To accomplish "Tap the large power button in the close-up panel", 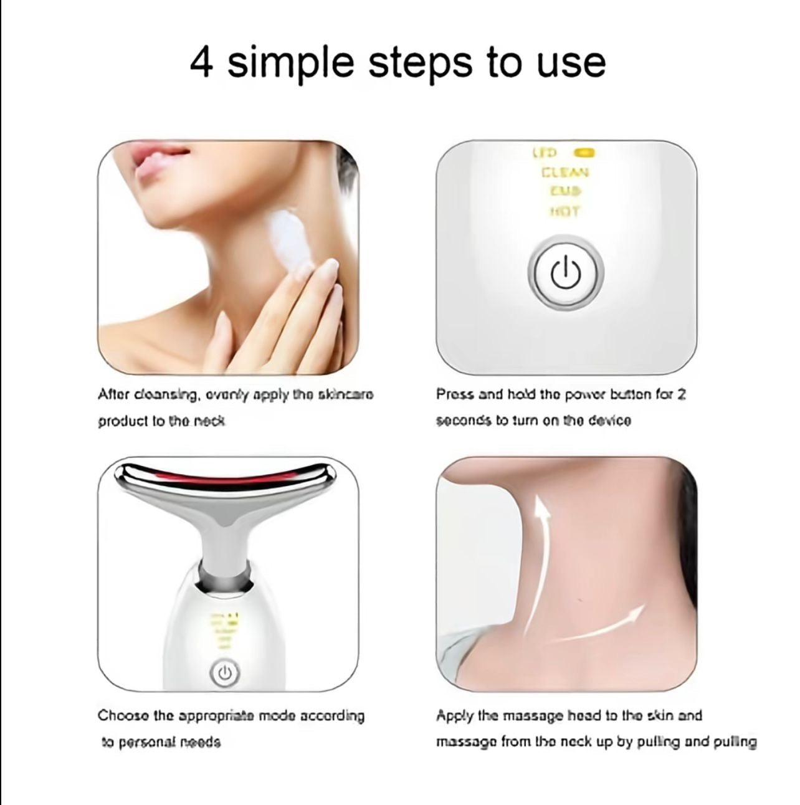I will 566,272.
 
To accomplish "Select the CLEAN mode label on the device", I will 565,173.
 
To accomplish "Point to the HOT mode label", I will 565,211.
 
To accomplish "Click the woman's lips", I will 153,165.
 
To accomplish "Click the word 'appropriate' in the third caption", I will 214,716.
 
